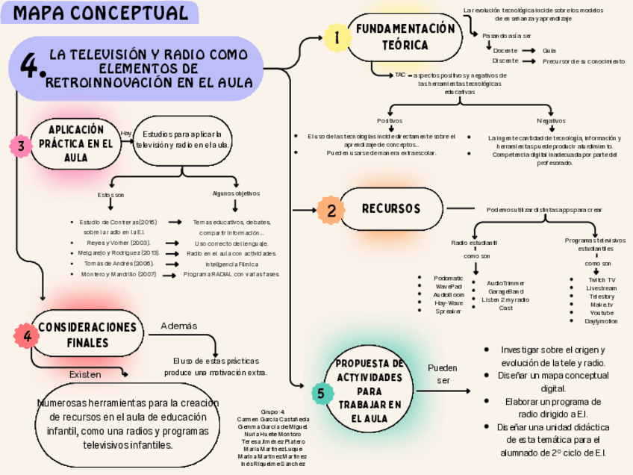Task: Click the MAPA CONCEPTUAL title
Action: click(100, 13)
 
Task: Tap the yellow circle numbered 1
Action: click(337, 37)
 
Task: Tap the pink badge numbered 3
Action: click(21, 147)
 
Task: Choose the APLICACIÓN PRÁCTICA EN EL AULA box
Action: click(75, 143)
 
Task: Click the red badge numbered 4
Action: click(28, 337)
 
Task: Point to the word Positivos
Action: click(390, 120)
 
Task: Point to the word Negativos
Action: click(551, 120)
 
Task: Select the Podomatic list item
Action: click(449, 278)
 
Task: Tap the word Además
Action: click(179, 326)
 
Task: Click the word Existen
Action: click(84, 373)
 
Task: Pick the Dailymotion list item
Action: click(602, 321)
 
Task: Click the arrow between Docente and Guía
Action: click(528, 51)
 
